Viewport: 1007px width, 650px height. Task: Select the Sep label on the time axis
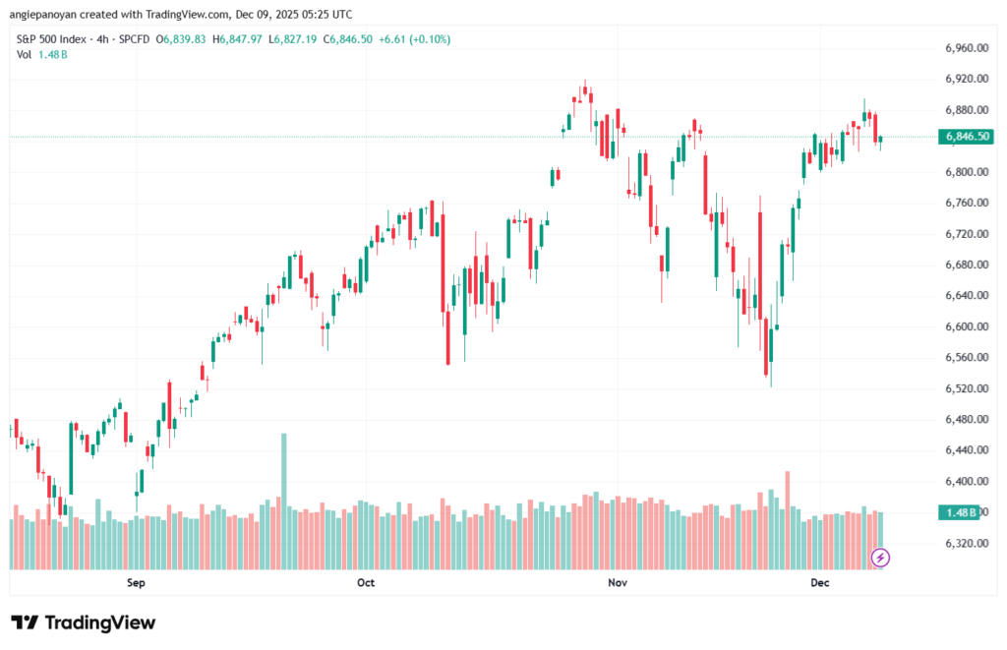(136, 583)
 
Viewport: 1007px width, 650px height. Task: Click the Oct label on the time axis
(366, 583)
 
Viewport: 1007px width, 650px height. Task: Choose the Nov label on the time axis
(618, 583)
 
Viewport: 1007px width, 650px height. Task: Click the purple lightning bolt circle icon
(881, 558)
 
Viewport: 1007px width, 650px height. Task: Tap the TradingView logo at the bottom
(83, 622)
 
